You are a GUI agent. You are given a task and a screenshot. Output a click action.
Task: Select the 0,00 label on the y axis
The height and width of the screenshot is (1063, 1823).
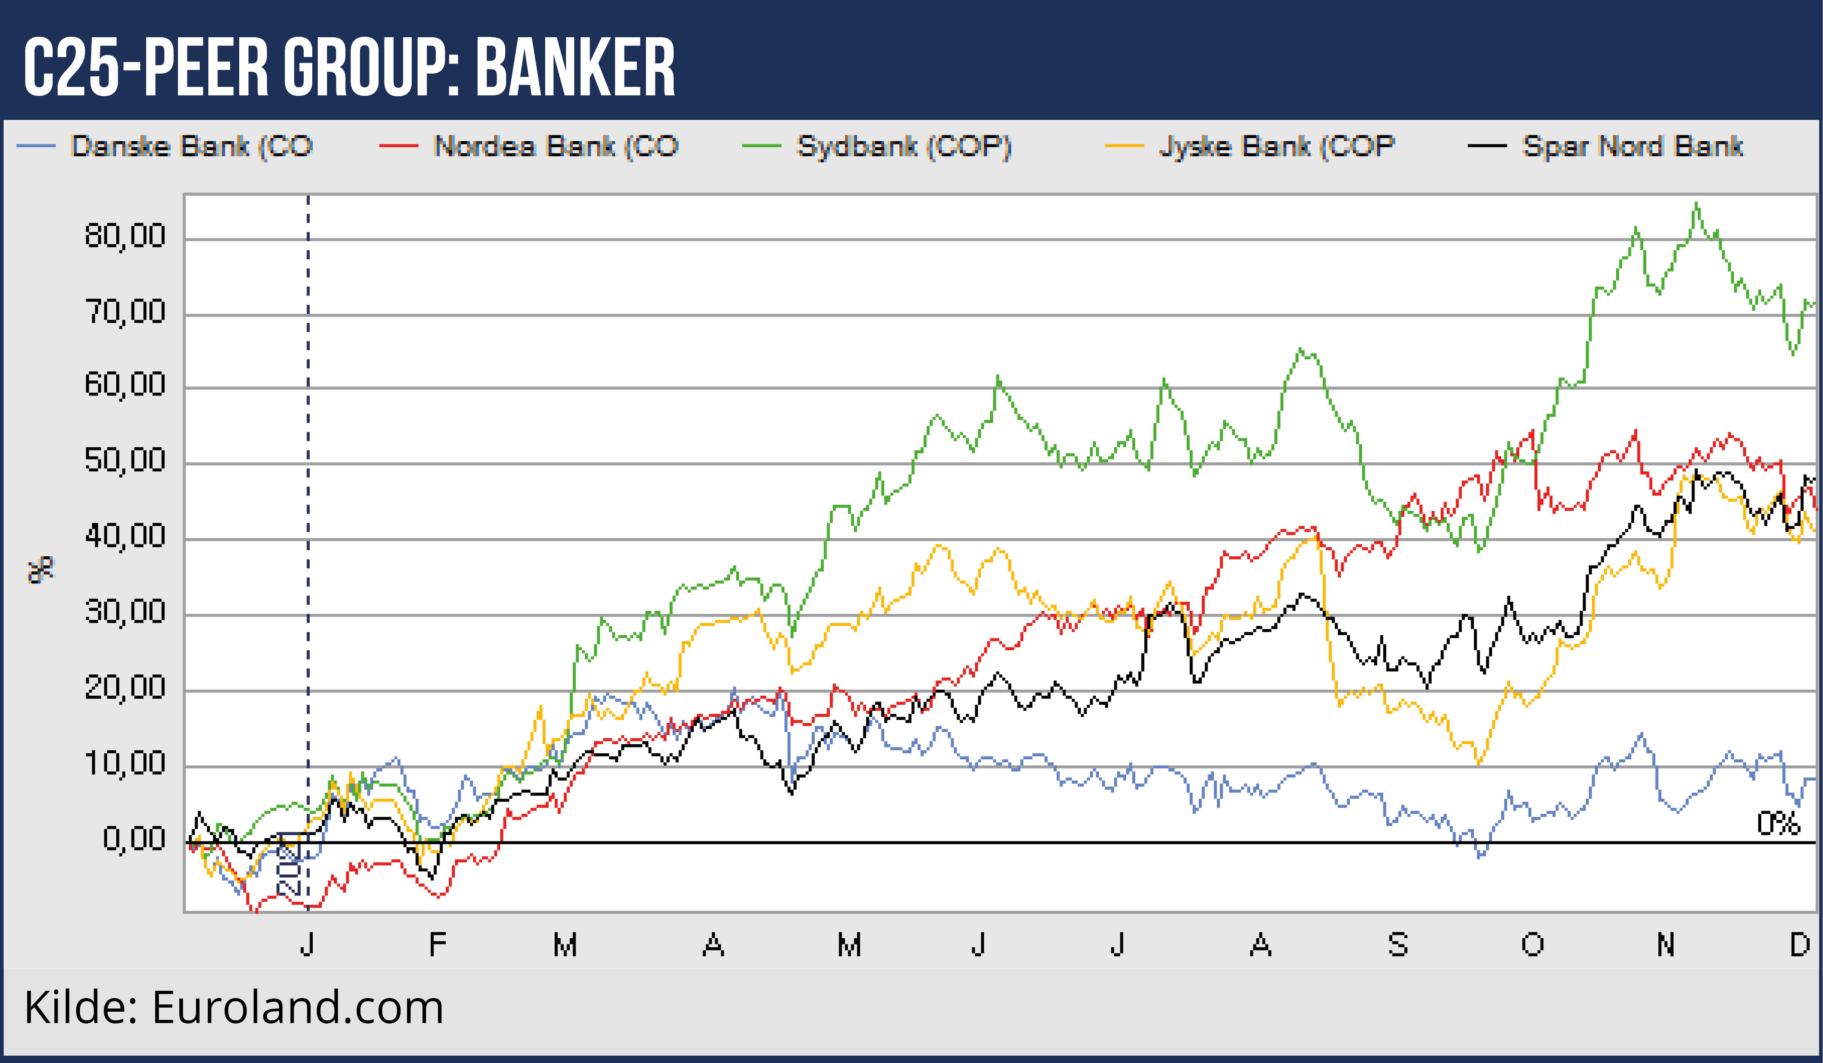tap(134, 840)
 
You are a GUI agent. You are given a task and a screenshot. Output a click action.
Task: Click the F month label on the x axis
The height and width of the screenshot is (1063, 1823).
tap(437, 945)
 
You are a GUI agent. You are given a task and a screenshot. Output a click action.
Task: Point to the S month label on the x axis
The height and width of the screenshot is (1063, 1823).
tap(1398, 945)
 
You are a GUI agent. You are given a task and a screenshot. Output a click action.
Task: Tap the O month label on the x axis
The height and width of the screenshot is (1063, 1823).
tap(1532, 945)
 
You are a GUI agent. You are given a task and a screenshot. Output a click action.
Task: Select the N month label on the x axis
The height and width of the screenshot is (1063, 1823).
tap(1665, 945)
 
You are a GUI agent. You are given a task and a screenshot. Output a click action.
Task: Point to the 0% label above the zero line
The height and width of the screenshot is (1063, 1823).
tap(1778, 824)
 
